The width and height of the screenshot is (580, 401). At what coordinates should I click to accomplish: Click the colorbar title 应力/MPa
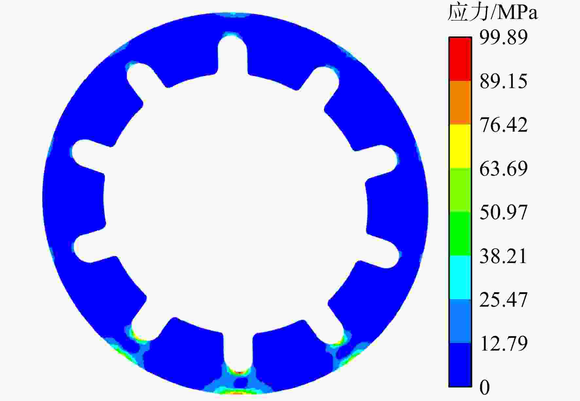pos(493,13)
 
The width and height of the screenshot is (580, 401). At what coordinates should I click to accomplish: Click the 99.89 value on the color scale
pos(504,37)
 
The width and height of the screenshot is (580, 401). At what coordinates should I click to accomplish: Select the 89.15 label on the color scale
pos(504,81)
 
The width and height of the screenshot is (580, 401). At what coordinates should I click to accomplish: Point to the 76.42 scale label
pos(504,125)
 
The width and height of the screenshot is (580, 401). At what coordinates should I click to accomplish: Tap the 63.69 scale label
pos(504,169)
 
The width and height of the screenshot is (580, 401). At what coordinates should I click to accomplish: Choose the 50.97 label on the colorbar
pos(504,212)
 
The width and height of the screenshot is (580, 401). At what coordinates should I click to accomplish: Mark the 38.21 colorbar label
pos(504,256)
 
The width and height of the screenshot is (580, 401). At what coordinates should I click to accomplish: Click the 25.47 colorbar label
pos(504,300)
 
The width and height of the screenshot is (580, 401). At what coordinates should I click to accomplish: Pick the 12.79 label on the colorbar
pos(504,343)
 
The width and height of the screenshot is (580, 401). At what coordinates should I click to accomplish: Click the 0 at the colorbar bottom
pos(485,387)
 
